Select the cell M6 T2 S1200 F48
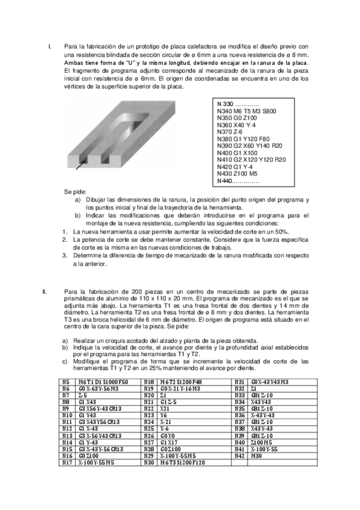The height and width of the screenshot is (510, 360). [x=181, y=382]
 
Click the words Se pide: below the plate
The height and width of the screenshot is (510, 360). [x=76, y=192]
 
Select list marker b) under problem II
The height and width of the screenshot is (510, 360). [x=65, y=347]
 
